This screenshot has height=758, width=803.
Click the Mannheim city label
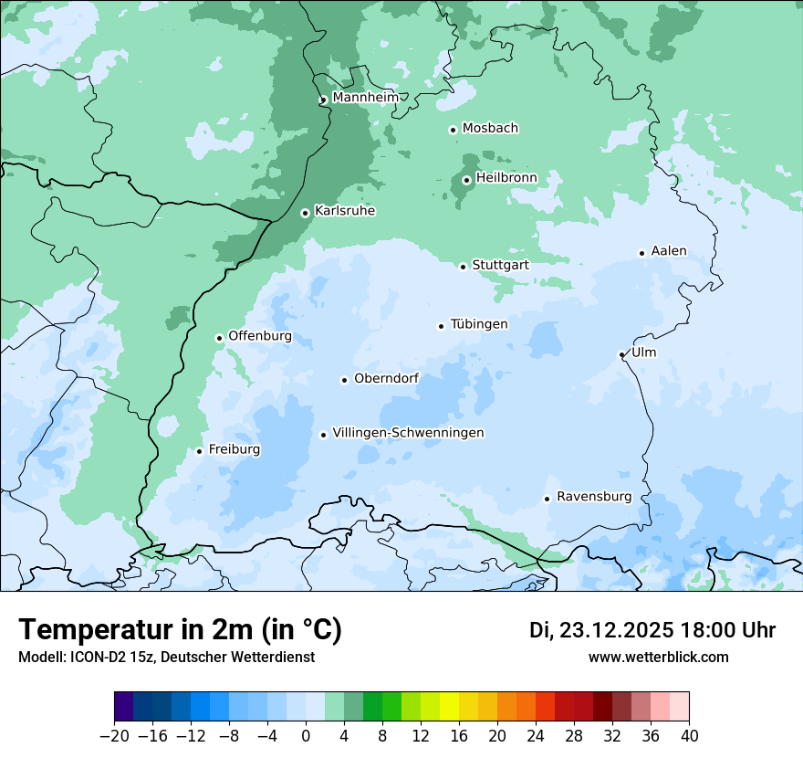tap(365, 98)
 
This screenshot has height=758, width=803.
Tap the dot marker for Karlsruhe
tap(305, 213)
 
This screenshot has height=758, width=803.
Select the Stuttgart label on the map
tap(500, 266)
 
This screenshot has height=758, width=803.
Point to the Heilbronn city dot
tap(466, 180)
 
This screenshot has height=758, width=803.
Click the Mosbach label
tap(490, 129)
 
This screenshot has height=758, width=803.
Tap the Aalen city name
tap(669, 251)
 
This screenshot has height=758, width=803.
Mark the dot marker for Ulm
tap(621, 354)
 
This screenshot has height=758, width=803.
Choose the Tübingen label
tap(479, 324)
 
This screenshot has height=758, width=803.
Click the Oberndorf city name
tap(386, 378)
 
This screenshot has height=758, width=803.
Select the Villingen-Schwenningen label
tap(408, 433)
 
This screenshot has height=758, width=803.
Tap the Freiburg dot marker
tap(199, 451)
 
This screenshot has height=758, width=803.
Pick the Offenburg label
tap(260, 336)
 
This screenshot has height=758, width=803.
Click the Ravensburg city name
tap(594, 497)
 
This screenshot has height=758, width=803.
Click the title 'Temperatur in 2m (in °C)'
tap(180, 630)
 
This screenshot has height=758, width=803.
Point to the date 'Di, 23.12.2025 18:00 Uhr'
tap(652, 631)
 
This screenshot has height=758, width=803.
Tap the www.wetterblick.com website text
tap(658, 658)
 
